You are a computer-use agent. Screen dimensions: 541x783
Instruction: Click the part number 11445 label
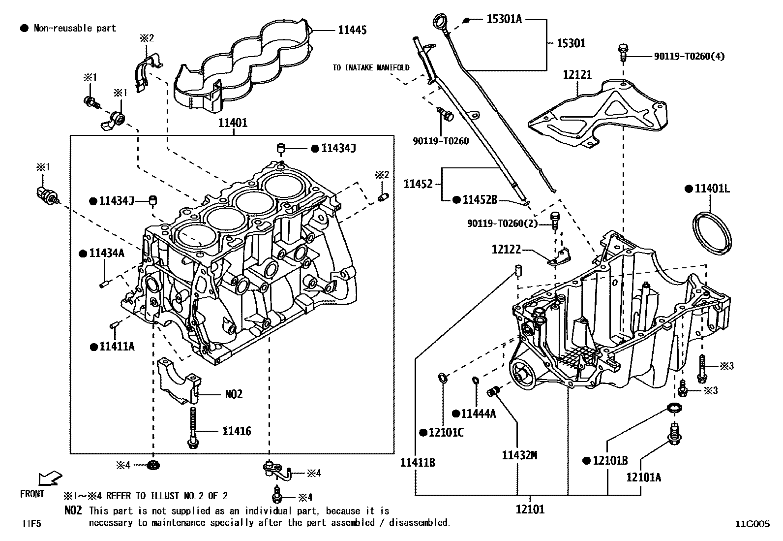coord(352,30)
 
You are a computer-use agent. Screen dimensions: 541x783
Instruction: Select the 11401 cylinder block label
coord(233,123)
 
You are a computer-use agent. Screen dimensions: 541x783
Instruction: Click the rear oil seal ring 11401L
coord(712,233)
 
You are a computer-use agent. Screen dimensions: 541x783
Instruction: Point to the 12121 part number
coord(577,75)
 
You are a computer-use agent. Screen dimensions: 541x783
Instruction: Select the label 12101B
coord(610,461)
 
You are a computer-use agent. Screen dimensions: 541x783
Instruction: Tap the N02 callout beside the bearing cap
coord(234,394)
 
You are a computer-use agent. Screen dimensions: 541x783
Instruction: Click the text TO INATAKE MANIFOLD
coord(370,68)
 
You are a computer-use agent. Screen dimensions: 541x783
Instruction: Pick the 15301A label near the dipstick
coord(504,19)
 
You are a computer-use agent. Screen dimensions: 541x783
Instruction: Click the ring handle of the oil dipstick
coord(438,22)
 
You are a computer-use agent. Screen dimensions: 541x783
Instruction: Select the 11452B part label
coord(480,199)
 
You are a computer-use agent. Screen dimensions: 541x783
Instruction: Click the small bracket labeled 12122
coord(560,256)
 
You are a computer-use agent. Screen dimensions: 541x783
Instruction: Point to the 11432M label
coord(519,455)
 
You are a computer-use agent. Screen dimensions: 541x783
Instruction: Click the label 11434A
coord(107,253)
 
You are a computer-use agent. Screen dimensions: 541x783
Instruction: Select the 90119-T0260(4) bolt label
coord(689,56)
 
